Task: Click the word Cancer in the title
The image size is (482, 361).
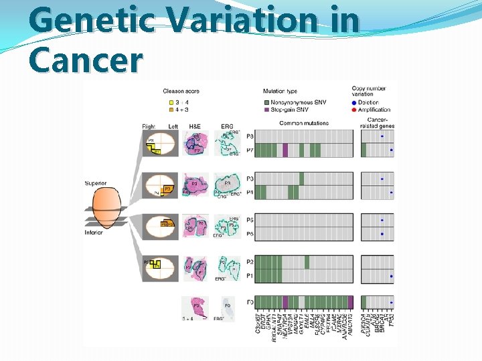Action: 86,59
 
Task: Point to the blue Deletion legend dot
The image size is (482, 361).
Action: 354,102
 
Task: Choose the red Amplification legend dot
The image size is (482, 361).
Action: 354,109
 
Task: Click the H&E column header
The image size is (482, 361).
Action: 194,126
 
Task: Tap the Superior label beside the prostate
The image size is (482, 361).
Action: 96,183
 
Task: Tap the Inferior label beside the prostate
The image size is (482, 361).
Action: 94,233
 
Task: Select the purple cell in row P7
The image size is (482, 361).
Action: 285,150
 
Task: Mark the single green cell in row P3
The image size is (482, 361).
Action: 302,178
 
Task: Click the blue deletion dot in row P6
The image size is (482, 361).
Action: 382,234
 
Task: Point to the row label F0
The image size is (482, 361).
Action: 249,302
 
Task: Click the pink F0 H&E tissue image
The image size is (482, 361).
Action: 195,307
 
